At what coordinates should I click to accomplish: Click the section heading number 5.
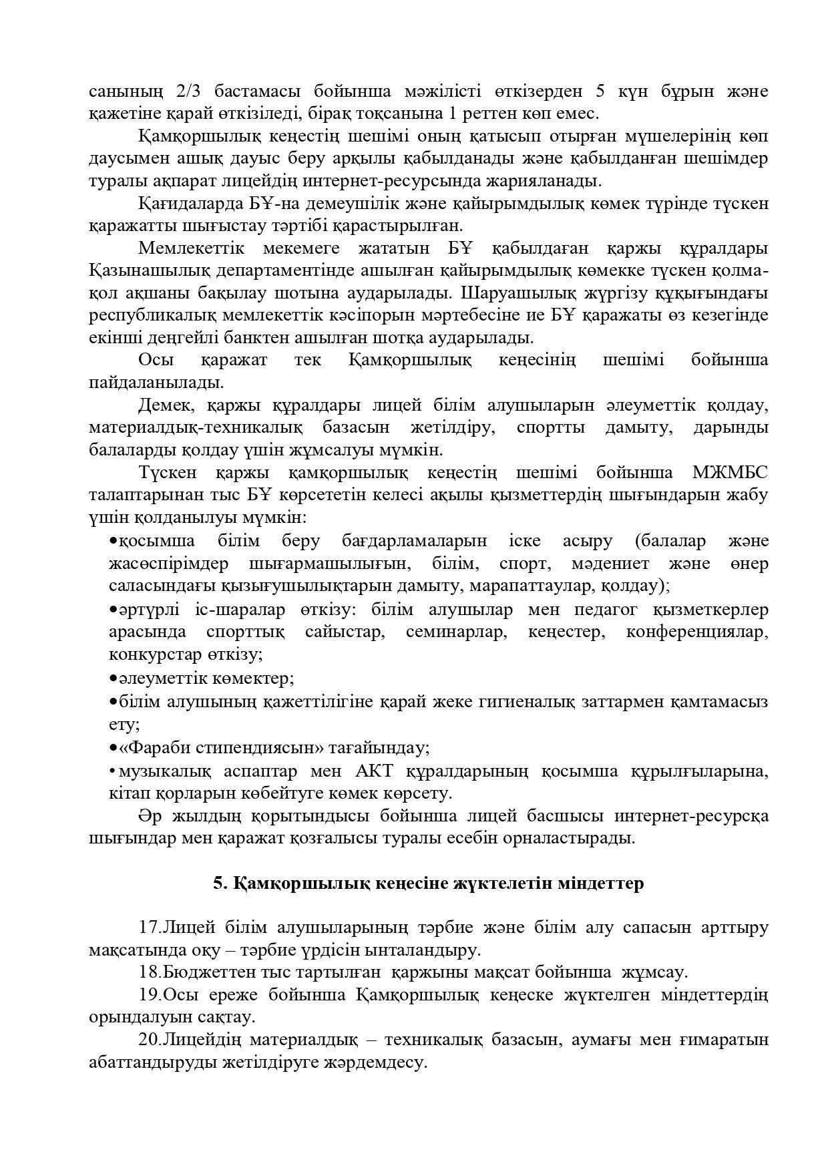pos(218,884)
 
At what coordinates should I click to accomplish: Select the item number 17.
pos(150,928)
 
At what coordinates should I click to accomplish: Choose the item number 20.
pos(150,1040)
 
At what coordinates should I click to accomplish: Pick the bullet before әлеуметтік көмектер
pos(113,678)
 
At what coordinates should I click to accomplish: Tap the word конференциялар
pos(696,632)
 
